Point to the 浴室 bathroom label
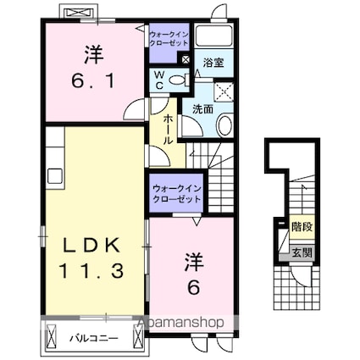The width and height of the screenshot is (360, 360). [213, 64]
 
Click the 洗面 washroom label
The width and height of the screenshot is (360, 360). [202, 109]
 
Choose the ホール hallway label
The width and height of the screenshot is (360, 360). [169, 129]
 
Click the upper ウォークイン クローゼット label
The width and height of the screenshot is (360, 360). [168, 38]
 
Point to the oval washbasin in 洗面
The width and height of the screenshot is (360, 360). [224, 125]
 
